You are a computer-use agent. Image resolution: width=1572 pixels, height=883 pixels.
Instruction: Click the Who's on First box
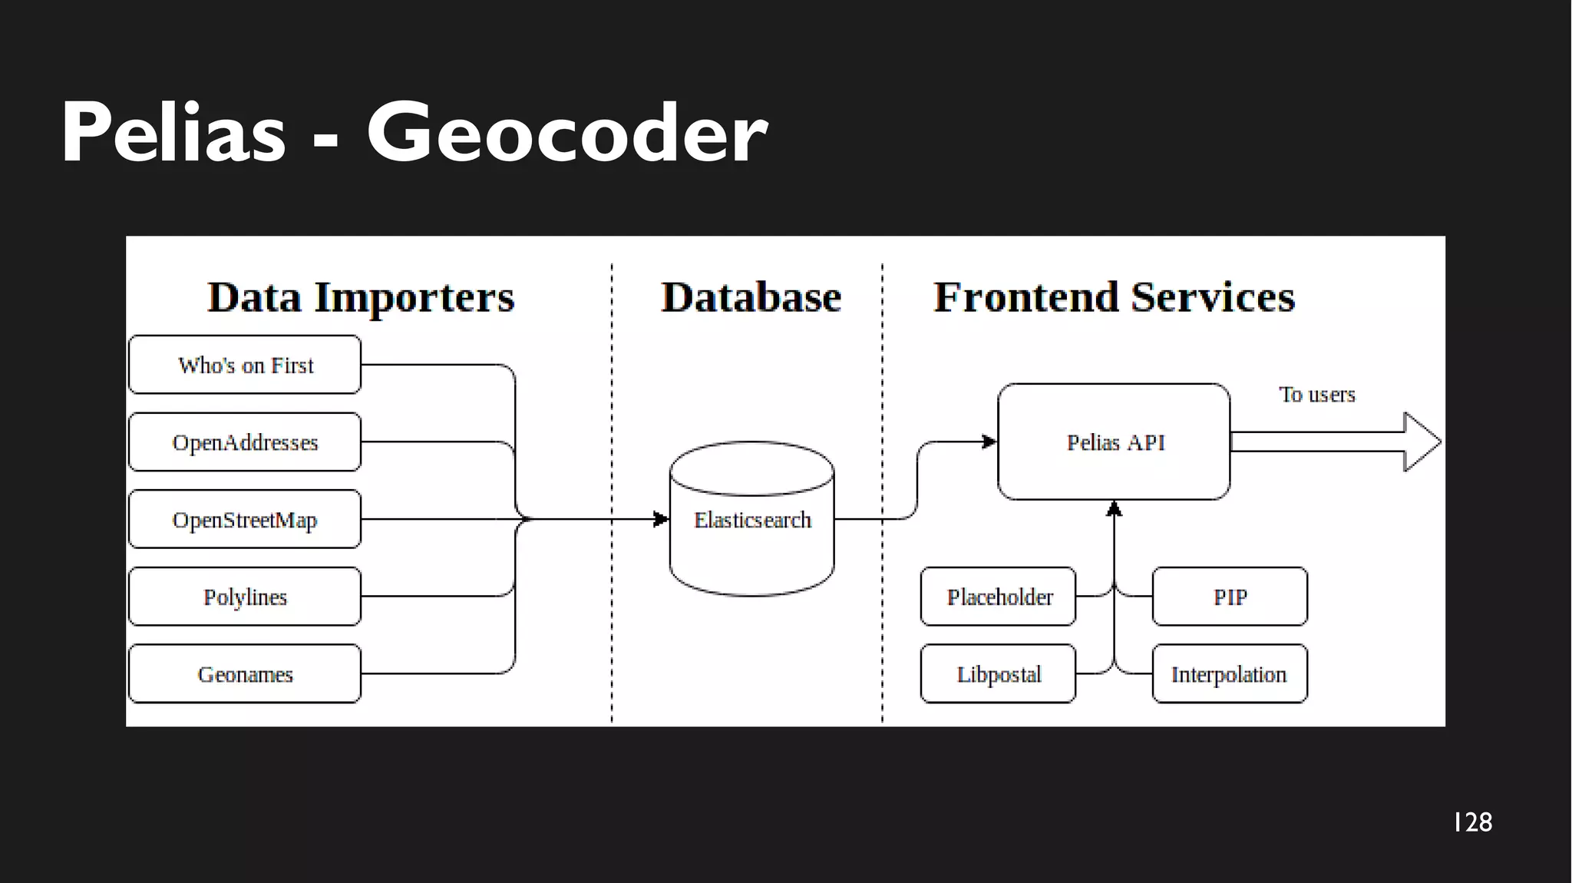point(245,365)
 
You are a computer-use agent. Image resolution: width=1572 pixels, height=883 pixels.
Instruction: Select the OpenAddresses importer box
point(245,442)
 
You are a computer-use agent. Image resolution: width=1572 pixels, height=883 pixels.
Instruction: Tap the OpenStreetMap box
point(245,520)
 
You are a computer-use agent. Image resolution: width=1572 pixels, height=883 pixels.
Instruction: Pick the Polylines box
point(245,597)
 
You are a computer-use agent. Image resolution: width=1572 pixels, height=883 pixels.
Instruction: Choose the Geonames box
point(245,674)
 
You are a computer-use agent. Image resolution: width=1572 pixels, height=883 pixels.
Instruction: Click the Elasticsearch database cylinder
point(751,520)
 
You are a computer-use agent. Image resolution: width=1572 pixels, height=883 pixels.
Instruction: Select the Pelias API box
point(1114,442)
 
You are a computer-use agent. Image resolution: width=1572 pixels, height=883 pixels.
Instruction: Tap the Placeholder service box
point(998,597)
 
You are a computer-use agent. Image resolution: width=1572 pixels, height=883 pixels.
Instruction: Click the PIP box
point(1230,597)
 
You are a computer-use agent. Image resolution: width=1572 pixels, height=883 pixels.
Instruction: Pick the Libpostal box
point(998,674)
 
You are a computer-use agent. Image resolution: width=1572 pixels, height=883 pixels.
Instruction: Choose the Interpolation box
point(1230,674)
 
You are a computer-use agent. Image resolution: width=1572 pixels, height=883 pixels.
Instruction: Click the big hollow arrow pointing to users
point(1336,441)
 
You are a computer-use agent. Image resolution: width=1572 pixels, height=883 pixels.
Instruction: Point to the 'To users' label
point(1316,395)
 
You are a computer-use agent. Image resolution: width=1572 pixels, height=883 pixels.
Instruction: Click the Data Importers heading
point(361,297)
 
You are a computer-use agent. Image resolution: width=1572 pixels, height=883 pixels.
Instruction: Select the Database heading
point(751,297)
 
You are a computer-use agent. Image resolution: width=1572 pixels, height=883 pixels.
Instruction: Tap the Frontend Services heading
point(1114,297)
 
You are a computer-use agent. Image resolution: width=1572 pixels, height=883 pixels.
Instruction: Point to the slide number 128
point(1472,822)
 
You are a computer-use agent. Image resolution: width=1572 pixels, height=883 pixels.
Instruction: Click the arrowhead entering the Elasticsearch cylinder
point(660,520)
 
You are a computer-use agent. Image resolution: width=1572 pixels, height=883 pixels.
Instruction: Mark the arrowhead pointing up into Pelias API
point(1115,509)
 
